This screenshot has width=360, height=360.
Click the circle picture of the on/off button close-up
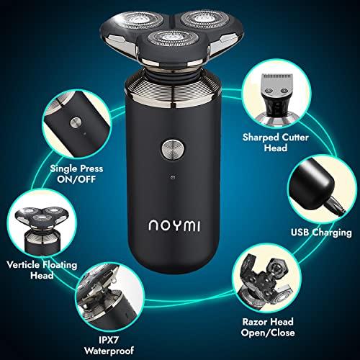73,123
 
